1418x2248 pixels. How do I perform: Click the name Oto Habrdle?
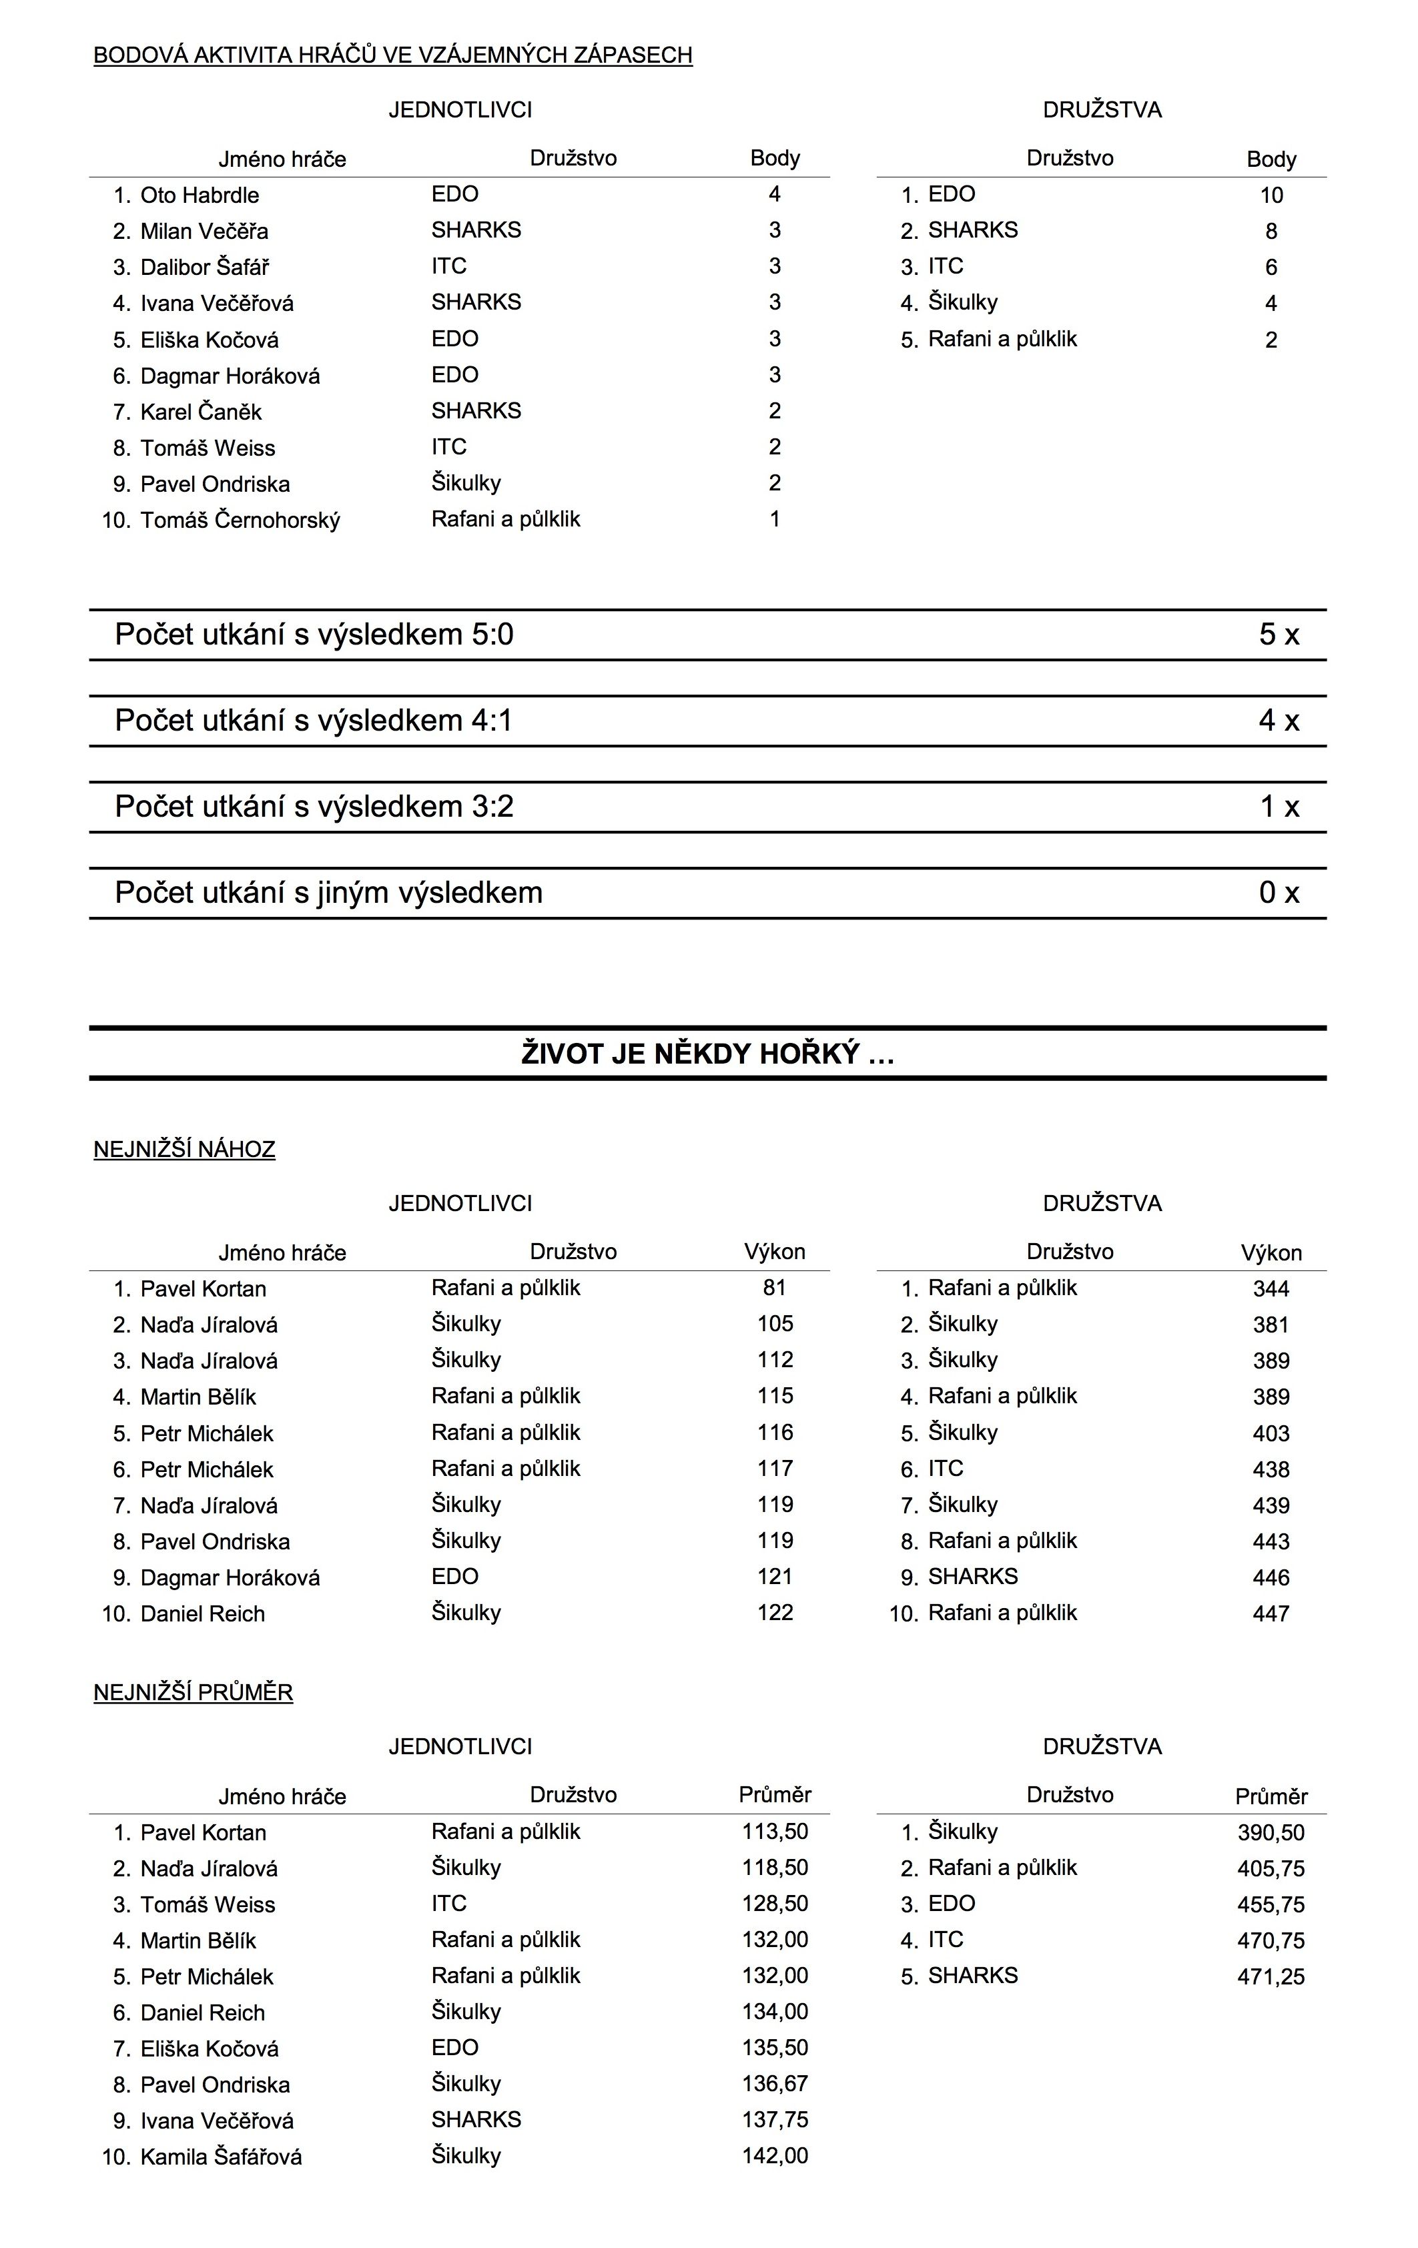pos(199,195)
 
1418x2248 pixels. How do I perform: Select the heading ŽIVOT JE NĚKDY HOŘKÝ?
pos(707,1054)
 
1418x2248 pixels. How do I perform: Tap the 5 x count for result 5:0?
pos(1278,635)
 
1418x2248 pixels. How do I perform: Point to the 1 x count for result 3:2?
pos(1279,807)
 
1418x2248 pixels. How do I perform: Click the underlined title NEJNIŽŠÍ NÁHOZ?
pos(184,1149)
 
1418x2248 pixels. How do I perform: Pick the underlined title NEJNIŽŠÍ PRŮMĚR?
pos(194,1693)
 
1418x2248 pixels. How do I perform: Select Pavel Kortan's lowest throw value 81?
pos(774,1288)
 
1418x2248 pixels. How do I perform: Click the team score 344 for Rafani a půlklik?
pos(1271,1289)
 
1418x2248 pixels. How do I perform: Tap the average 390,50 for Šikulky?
pos(1271,1832)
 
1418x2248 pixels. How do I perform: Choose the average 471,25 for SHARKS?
pos(1271,1976)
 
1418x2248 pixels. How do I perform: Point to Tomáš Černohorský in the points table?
pos(240,520)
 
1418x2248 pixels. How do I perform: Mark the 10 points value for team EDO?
pos(1271,195)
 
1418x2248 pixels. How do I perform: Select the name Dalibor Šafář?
pos(204,267)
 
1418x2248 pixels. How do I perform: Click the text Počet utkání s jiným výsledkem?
pos(328,893)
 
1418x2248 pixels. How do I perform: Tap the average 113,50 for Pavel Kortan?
pos(775,1832)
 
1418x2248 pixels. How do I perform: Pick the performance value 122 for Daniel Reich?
pos(775,1613)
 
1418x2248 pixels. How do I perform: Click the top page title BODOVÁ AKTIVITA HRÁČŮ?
pos(392,55)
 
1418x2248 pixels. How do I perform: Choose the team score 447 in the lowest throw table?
pos(1271,1614)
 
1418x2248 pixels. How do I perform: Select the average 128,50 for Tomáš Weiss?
pos(775,1904)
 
